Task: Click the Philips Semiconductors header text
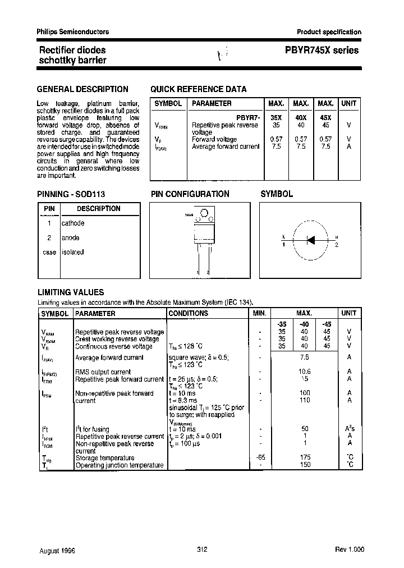(x=73, y=32)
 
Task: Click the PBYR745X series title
(x=318, y=51)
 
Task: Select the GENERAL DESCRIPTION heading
(x=82, y=89)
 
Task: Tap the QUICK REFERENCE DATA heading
(x=198, y=89)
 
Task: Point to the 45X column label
(x=325, y=118)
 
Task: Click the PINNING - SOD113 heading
(x=71, y=194)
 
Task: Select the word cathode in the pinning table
(x=73, y=223)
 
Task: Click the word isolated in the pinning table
(x=72, y=253)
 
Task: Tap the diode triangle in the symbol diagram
(x=311, y=239)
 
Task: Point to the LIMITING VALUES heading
(x=70, y=292)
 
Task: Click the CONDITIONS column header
(x=188, y=314)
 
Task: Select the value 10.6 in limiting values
(x=305, y=372)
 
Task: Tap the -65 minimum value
(x=260, y=458)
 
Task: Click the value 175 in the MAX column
(x=305, y=458)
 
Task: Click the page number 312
(x=202, y=549)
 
